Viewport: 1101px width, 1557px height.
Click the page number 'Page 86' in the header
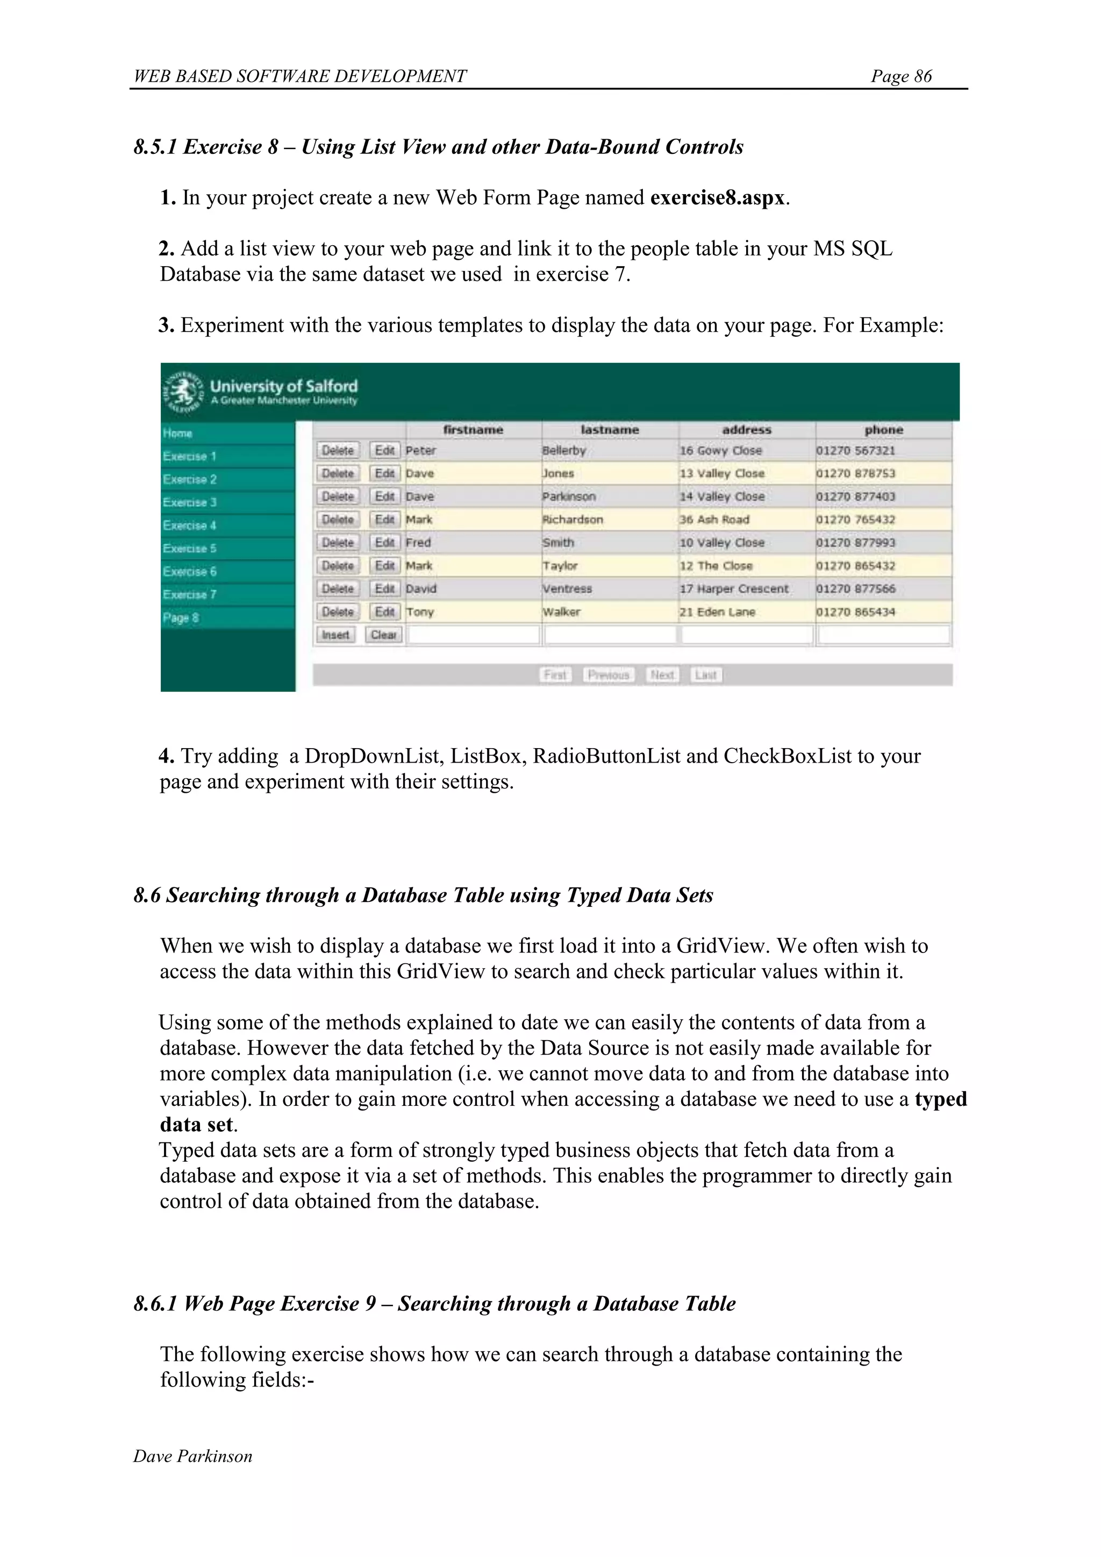pos(901,76)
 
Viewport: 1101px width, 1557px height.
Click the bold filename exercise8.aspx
pos(717,198)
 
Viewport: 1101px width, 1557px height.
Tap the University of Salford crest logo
pos(182,392)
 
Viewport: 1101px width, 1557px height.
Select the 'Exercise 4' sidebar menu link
pos(190,525)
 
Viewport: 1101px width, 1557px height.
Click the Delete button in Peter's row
pos(338,450)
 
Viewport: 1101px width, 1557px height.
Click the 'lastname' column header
pos(610,430)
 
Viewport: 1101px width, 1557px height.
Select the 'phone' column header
pos(883,430)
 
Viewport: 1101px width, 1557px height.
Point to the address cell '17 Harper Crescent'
pos(734,588)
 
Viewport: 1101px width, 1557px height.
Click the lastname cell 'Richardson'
pos(573,520)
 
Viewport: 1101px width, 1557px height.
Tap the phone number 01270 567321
pos(855,450)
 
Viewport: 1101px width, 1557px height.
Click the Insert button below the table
pos(335,635)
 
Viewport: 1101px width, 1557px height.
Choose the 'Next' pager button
pos(662,675)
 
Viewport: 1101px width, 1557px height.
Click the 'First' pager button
pos(555,675)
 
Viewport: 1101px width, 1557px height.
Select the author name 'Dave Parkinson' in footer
pos(192,1456)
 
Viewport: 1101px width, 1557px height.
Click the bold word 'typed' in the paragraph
pos(940,1099)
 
